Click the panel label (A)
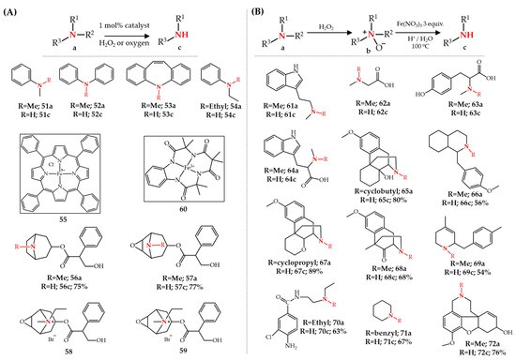click(13, 10)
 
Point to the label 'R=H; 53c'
click(152, 117)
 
